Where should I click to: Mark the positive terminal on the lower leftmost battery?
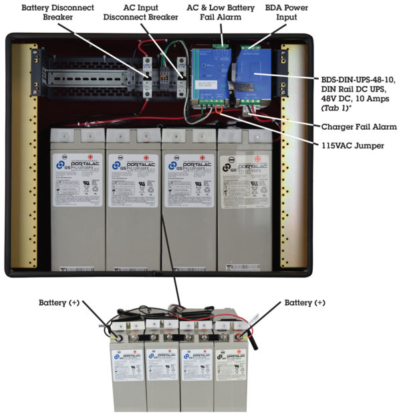coord(120,338)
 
